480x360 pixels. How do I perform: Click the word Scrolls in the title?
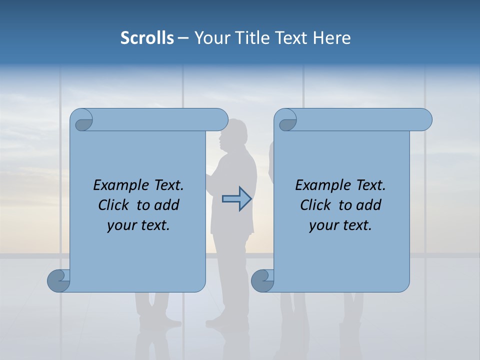pos(147,38)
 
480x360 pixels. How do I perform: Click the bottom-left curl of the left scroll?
pos(59,280)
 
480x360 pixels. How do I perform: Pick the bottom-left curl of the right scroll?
pos(263,280)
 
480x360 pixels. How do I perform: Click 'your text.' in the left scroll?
pos(138,225)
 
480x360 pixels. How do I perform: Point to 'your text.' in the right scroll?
pos(340,225)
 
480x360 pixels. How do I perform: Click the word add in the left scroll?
pos(167,205)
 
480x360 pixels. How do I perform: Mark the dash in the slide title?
pos(183,38)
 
